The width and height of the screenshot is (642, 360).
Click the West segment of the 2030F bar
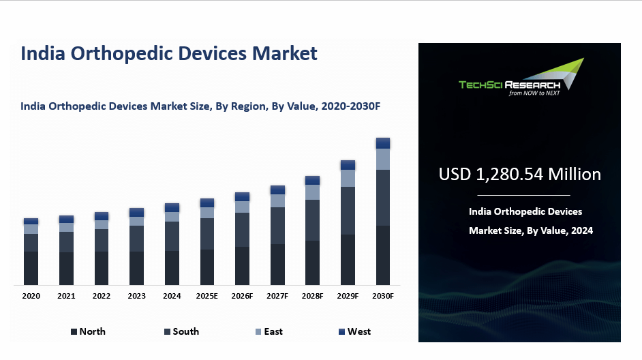[x=383, y=143]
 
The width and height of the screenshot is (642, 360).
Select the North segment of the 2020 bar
[x=31, y=268]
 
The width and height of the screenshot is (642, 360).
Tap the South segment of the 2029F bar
[x=348, y=211]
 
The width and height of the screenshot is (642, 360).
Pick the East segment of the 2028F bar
[x=313, y=192]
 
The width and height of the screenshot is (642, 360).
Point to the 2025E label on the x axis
[x=207, y=297]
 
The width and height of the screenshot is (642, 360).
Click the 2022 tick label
[x=102, y=297]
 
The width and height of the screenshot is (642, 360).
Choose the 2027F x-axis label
[x=277, y=297]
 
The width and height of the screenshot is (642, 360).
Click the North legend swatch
[x=74, y=332]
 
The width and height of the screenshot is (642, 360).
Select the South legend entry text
[x=185, y=331]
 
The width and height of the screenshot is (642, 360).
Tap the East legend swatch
[x=258, y=332]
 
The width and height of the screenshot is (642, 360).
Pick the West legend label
[x=359, y=331]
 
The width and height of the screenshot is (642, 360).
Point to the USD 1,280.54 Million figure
[x=519, y=175]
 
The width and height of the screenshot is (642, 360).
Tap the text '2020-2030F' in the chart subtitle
[x=355, y=106]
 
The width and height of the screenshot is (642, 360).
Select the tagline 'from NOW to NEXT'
[x=534, y=93]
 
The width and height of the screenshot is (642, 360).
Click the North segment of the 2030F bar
[x=383, y=255]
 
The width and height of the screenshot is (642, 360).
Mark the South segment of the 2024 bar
[x=172, y=236]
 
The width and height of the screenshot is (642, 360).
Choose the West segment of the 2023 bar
[x=136, y=212]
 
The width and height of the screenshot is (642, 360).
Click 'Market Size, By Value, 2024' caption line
[x=531, y=230]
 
